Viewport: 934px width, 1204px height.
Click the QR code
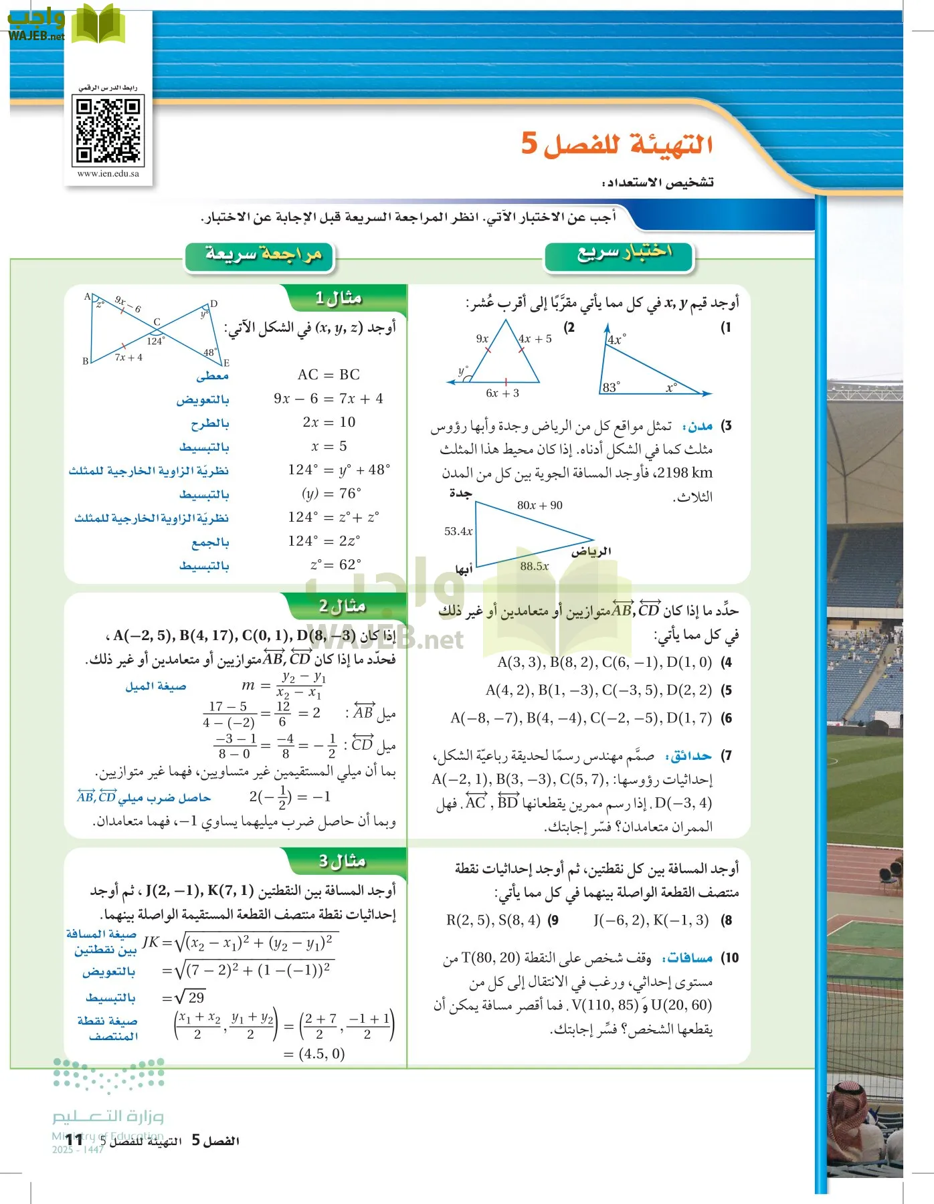tap(108, 130)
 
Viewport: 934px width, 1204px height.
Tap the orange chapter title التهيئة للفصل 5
tap(617, 143)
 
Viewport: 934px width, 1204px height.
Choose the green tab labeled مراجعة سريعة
tap(263, 256)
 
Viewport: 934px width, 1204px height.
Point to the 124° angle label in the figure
tap(155, 341)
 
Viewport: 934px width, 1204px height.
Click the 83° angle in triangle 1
tap(611, 387)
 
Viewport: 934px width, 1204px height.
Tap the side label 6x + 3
tap(502, 393)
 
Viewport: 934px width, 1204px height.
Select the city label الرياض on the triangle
tap(591, 551)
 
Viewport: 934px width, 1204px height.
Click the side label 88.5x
tap(535, 567)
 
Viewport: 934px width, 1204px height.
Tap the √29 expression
tap(189, 997)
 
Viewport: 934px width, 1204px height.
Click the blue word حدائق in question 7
tap(688, 756)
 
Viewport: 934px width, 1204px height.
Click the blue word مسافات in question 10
tap(687, 958)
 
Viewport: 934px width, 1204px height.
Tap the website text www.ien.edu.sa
tap(108, 174)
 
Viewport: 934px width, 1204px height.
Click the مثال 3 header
tap(342, 862)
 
